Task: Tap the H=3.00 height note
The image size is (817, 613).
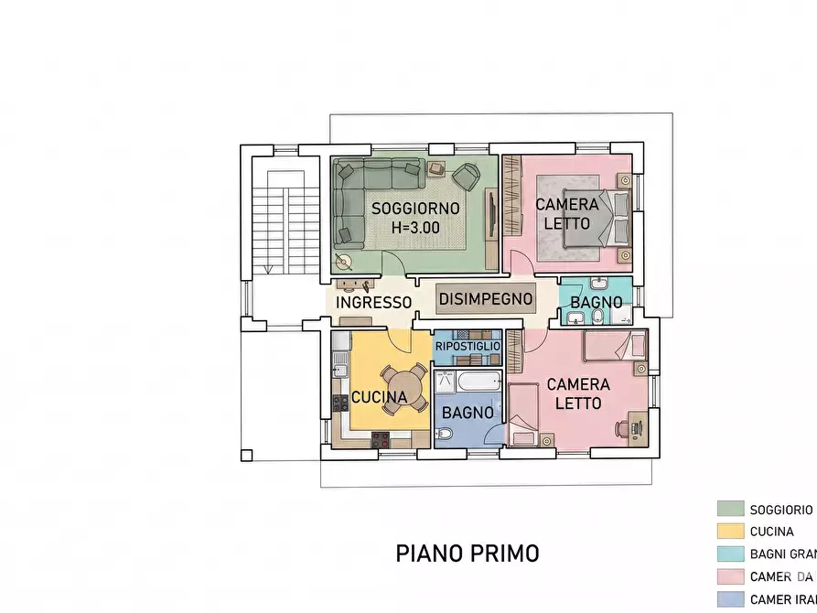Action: coord(414,228)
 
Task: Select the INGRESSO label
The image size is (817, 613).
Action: coord(373,302)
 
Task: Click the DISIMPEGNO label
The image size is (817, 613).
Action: coord(485,298)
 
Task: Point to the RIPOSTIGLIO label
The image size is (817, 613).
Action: coord(468,347)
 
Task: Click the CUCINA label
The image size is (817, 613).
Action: coord(379,397)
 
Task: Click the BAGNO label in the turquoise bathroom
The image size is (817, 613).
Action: coord(596,302)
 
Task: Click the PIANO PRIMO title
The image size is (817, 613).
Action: coord(467,554)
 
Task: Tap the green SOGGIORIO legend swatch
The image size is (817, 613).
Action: coord(730,509)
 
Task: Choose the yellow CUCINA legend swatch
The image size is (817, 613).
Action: coord(730,531)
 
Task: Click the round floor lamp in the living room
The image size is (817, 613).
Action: coord(346,263)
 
